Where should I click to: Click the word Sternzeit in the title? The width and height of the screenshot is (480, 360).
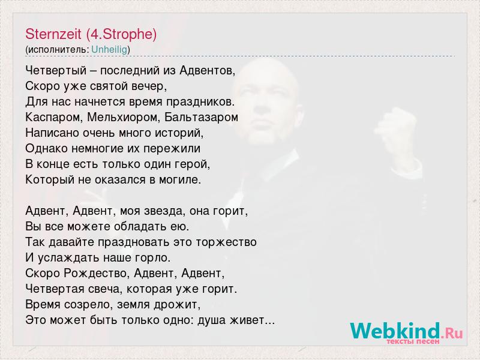[53, 34]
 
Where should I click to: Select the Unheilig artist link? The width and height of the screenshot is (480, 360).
[109, 50]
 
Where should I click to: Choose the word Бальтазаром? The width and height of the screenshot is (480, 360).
[201, 118]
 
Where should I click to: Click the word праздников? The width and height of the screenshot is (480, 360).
[200, 102]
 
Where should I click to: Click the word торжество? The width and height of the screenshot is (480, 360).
[226, 242]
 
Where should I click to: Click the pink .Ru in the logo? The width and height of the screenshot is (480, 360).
[452, 333]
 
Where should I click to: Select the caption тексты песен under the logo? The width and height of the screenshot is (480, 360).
[413, 341]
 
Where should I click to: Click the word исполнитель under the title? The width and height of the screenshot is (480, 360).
[58, 50]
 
